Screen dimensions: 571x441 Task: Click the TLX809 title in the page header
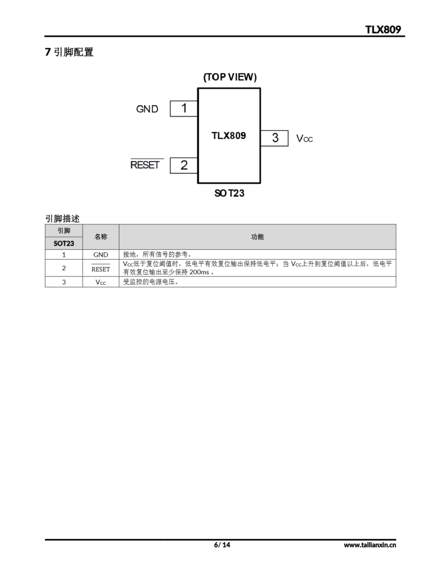click(383, 29)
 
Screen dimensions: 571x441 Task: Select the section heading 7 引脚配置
click(69, 52)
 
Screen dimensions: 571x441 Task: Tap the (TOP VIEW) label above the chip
click(230, 77)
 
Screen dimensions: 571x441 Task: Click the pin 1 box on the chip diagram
click(184, 108)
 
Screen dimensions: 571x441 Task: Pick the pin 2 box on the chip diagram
click(184, 165)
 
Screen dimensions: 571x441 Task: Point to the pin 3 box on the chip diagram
click(274, 138)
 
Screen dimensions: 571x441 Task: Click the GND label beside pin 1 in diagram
click(147, 109)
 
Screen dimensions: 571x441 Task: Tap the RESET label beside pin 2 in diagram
click(145, 165)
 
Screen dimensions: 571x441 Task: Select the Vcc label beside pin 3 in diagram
click(304, 138)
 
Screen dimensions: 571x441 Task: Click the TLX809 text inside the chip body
click(229, 136)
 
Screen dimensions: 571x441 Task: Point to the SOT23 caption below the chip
click(229, 193)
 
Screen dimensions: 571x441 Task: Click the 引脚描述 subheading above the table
click(62, 219)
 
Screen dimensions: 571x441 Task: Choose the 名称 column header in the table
click(101, 237)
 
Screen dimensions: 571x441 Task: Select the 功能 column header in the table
click(257, 237)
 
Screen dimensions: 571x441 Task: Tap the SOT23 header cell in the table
click(64, 243)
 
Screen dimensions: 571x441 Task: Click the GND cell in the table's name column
click(101, 255)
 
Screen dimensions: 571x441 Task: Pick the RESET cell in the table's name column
click(101, 269)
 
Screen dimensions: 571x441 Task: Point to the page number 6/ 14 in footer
click(222, 545)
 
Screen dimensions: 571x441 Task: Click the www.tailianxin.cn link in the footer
click(370, 545)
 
